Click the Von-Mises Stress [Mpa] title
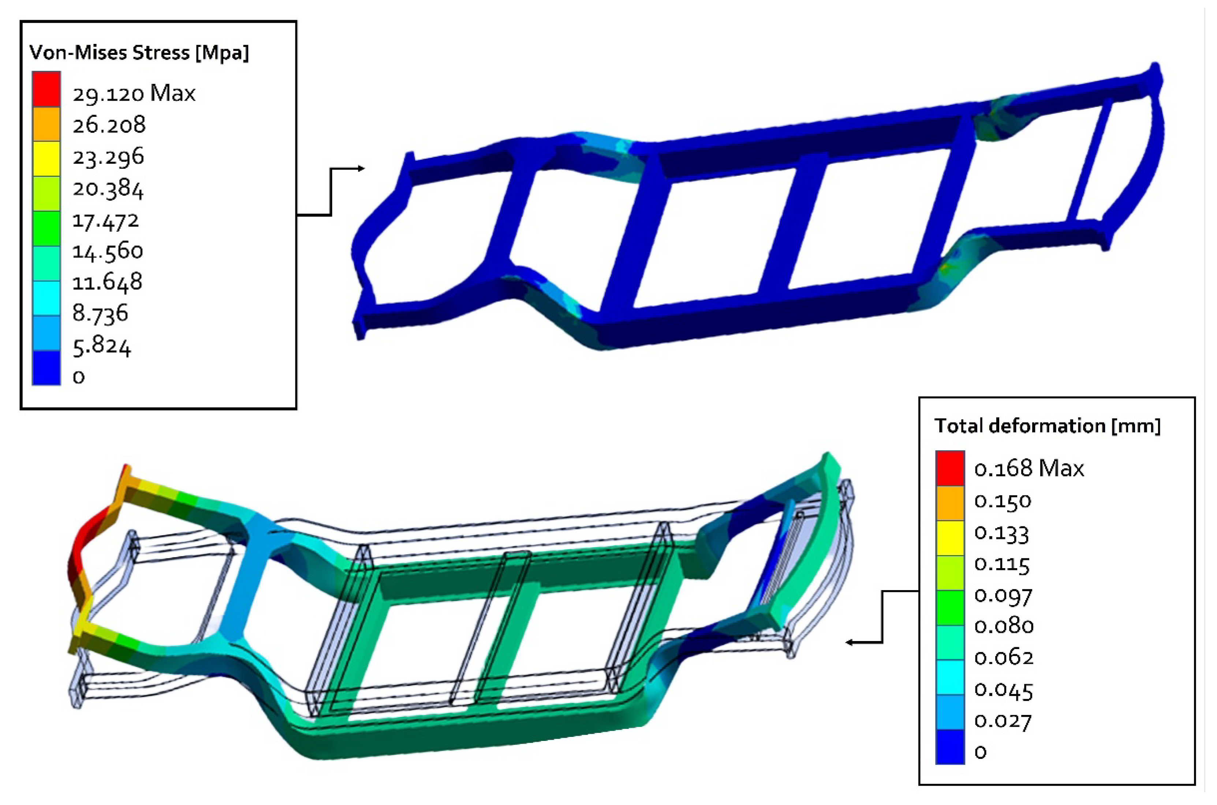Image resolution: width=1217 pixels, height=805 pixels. (139, 53)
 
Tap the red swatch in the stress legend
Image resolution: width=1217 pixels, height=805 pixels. (46, 89)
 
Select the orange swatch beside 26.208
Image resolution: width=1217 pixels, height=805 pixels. (46, 124)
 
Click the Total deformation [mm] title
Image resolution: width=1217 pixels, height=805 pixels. (1047, 426)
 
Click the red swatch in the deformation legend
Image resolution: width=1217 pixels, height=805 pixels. (950, 468)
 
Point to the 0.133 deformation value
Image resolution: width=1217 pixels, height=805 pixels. (1001, 533)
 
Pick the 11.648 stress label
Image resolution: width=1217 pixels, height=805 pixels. (107, 282)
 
